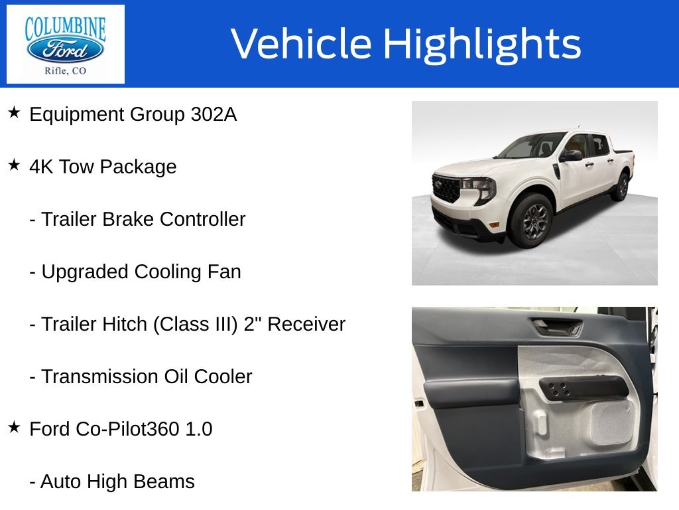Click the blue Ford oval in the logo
pyautogui.click(x=65, y=48)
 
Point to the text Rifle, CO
pyautogui.click(x=65, y=71)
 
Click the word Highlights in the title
pyautogui.click(x=482, y=44)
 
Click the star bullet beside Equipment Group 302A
pyautogui.click(x=14, y=113)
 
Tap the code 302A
pyautogui.click(x=213, y=115)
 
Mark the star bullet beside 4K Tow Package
pyautogui.click(x=14, y=165)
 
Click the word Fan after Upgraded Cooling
pyautogui.click(x=227, y=272)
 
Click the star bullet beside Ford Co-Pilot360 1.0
pyautogui.click(x=14, y=428)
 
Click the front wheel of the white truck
pyautogui.click(x=530, y=220)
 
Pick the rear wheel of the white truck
pyautogui.click(x=620, y=187)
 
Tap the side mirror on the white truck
pyautogui.click(x=571, y=155)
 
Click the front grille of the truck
pyautogui.click(x=446, y=189)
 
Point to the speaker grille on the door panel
pyautogui.click(x=611, y=424)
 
